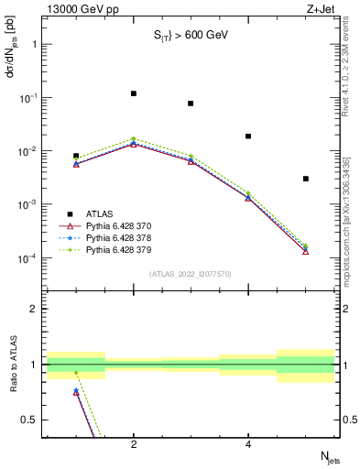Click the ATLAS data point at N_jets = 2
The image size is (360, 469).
pos(134,93)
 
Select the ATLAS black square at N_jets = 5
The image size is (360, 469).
pos(306,179)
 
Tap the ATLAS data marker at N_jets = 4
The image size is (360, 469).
pos(248,136)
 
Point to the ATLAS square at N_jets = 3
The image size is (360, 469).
pos(191,104)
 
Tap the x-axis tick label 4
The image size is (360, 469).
pos(248,444)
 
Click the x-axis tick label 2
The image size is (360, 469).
pos(134,444)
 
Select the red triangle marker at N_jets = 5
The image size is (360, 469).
pos(306,250)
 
